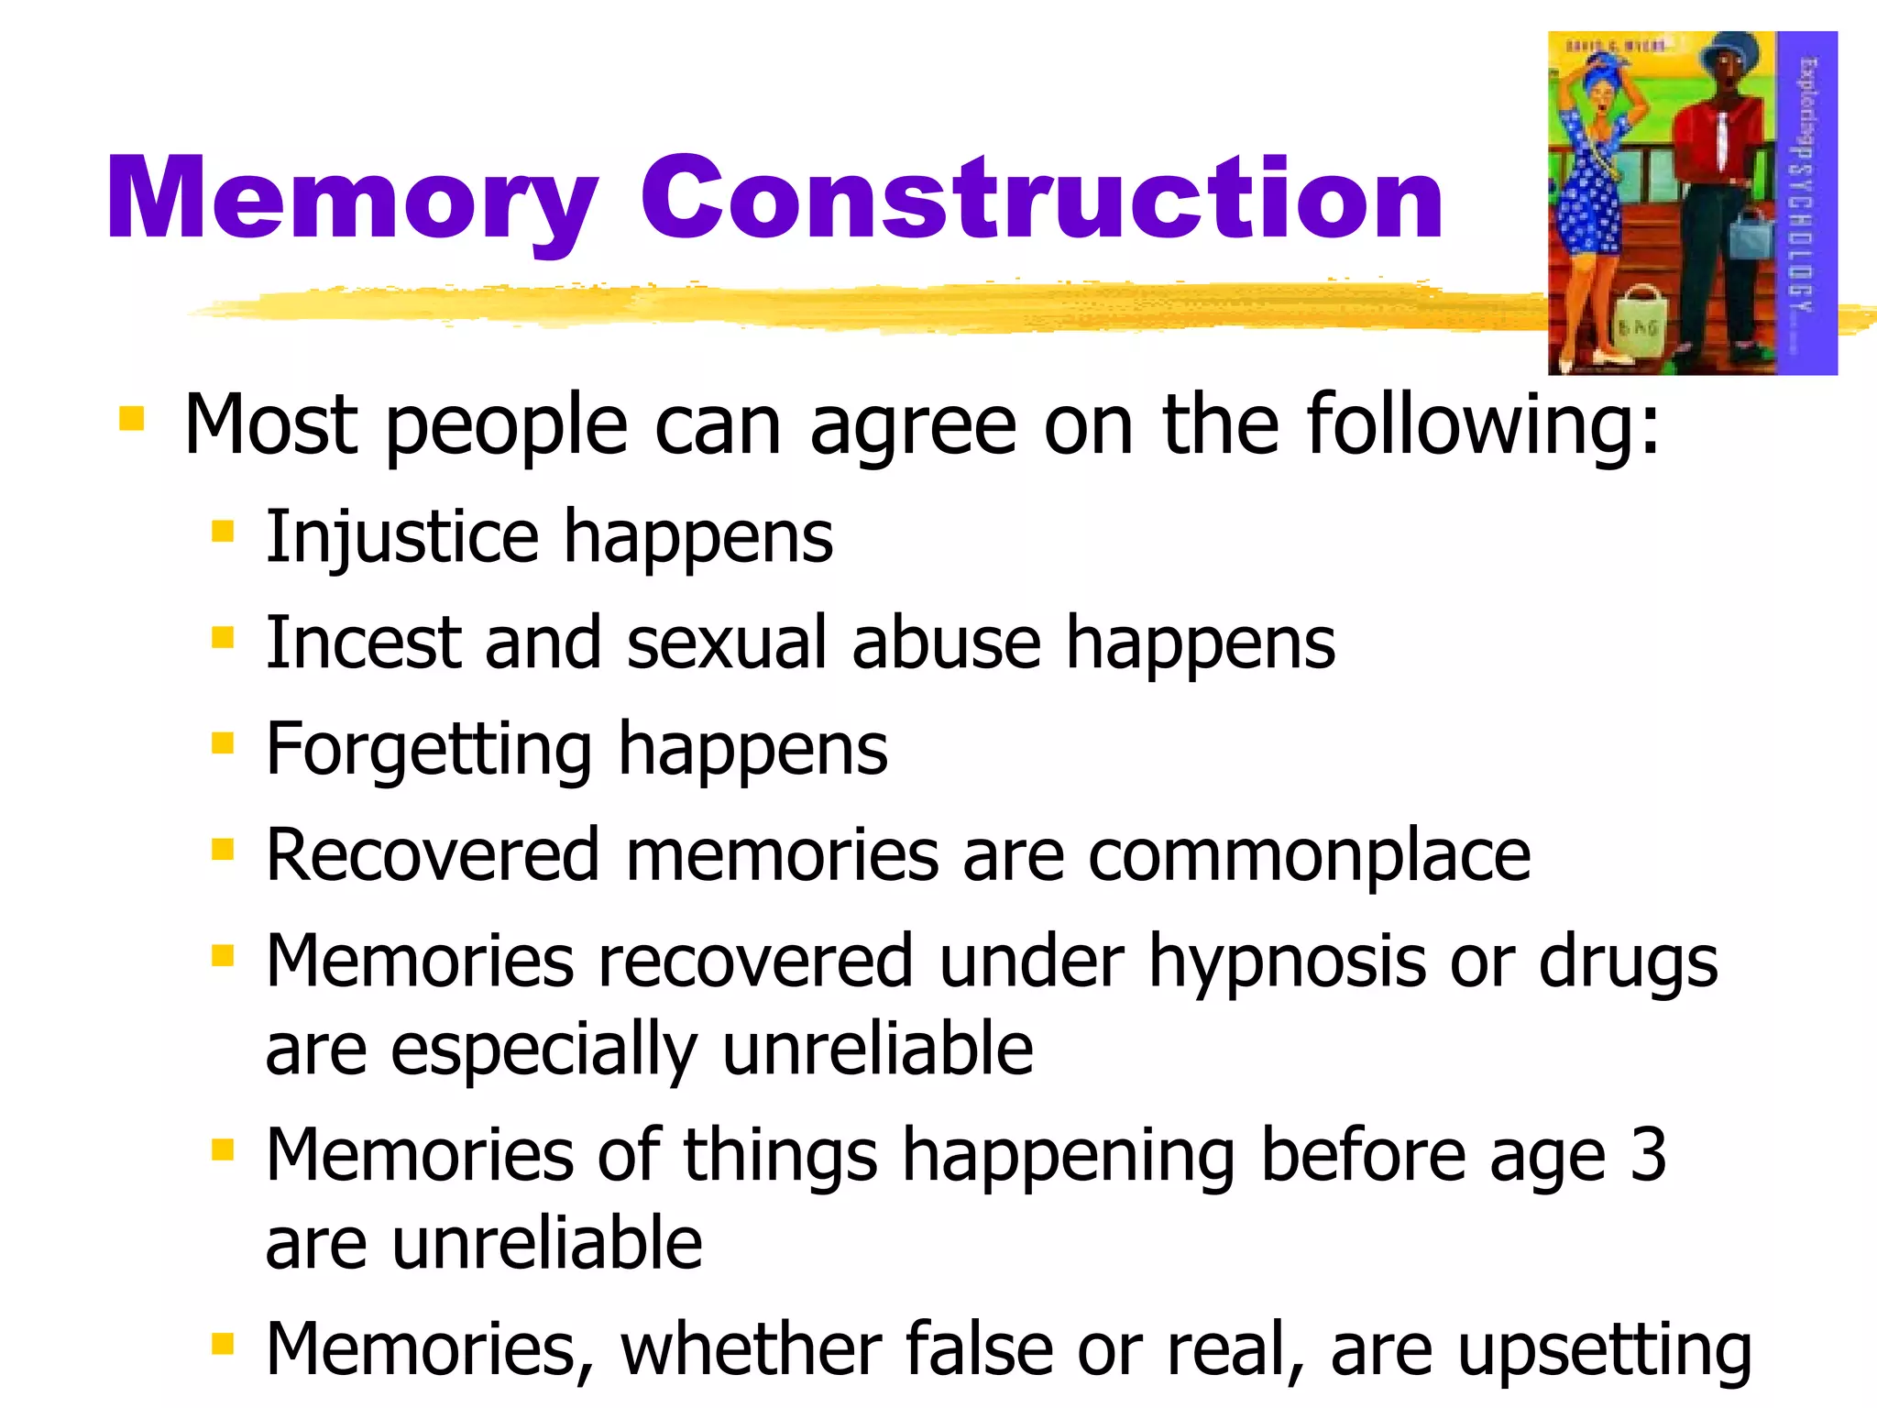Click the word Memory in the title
[x=353, y=200]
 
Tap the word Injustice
[x=402, y=537]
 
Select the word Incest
[x=363, y=643]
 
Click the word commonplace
[x=1309, y=856]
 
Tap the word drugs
[x=1628, y=962]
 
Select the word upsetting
[x=1604, y=1350]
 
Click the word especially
[x=544, y=1051]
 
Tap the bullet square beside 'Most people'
[x=132, y=419]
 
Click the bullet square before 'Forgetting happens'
[x=223, y=742]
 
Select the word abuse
[x=947, y=643]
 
